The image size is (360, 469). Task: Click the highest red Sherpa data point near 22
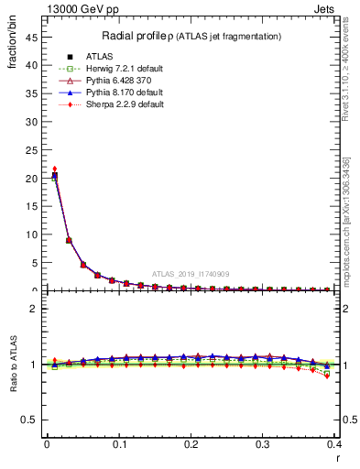(55, 169)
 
